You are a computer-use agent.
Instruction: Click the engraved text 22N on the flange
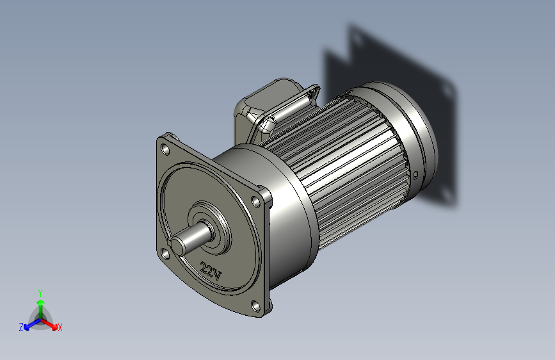[211, 272]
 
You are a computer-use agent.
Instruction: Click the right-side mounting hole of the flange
[257, 201]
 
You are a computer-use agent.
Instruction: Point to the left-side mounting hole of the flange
[165, 254]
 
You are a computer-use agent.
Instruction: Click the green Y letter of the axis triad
[40, 291]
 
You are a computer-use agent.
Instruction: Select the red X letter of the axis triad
[60, 327]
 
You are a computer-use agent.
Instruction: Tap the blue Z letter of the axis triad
[21, 327]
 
